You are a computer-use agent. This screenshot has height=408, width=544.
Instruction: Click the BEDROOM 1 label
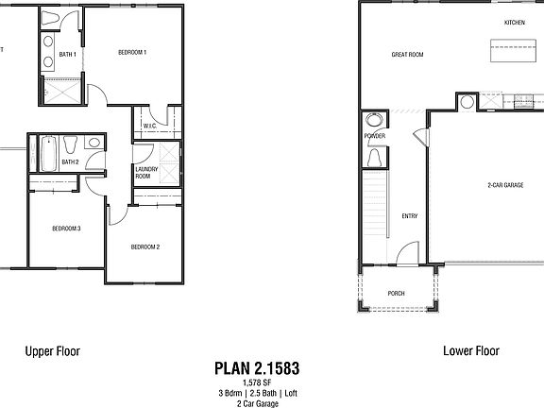tap(131, 53)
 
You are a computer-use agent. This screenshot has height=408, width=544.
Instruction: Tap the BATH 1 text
tap(67, 55)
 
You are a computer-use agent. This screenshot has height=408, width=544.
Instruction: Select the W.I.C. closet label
tap(149, 125)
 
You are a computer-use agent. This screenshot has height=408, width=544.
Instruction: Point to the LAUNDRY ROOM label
tap(144, 172)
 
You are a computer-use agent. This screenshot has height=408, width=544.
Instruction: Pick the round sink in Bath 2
tap(92, 143)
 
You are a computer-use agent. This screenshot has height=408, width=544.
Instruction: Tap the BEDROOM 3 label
tap(65, 229)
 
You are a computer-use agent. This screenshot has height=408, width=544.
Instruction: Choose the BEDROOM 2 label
tap(144, 247)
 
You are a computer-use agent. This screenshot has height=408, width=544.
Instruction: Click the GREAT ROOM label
tap(407, 55)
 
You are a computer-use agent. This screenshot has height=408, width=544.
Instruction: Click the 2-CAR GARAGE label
tap(505, 185)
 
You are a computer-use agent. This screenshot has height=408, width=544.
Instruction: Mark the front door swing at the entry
tap(408, 252)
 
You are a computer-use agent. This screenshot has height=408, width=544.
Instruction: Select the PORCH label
tap(397, 294)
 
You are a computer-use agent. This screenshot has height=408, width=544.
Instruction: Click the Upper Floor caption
tap(52, 350)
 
